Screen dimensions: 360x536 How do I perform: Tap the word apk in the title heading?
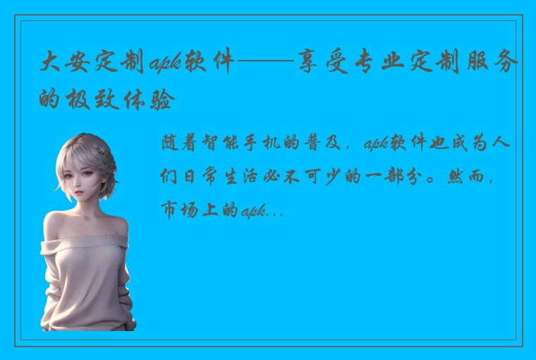(166, 66)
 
